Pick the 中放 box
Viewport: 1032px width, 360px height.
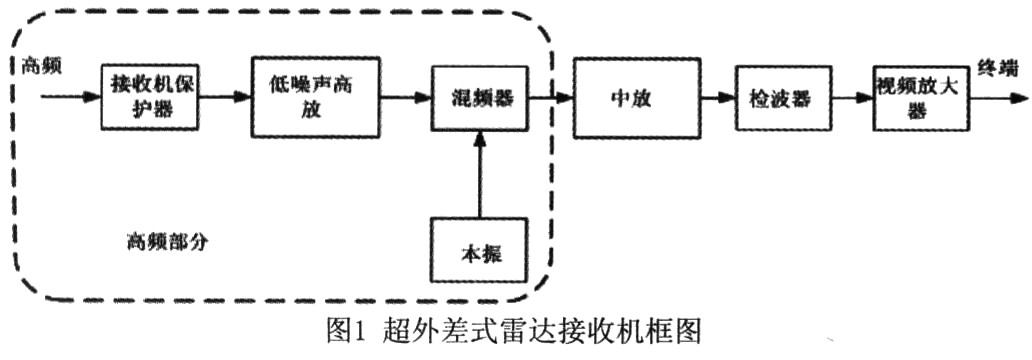click(635, 98)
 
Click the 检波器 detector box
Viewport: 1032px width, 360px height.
click(778, 98)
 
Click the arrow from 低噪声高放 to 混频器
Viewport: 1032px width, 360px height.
click(405, 98)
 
